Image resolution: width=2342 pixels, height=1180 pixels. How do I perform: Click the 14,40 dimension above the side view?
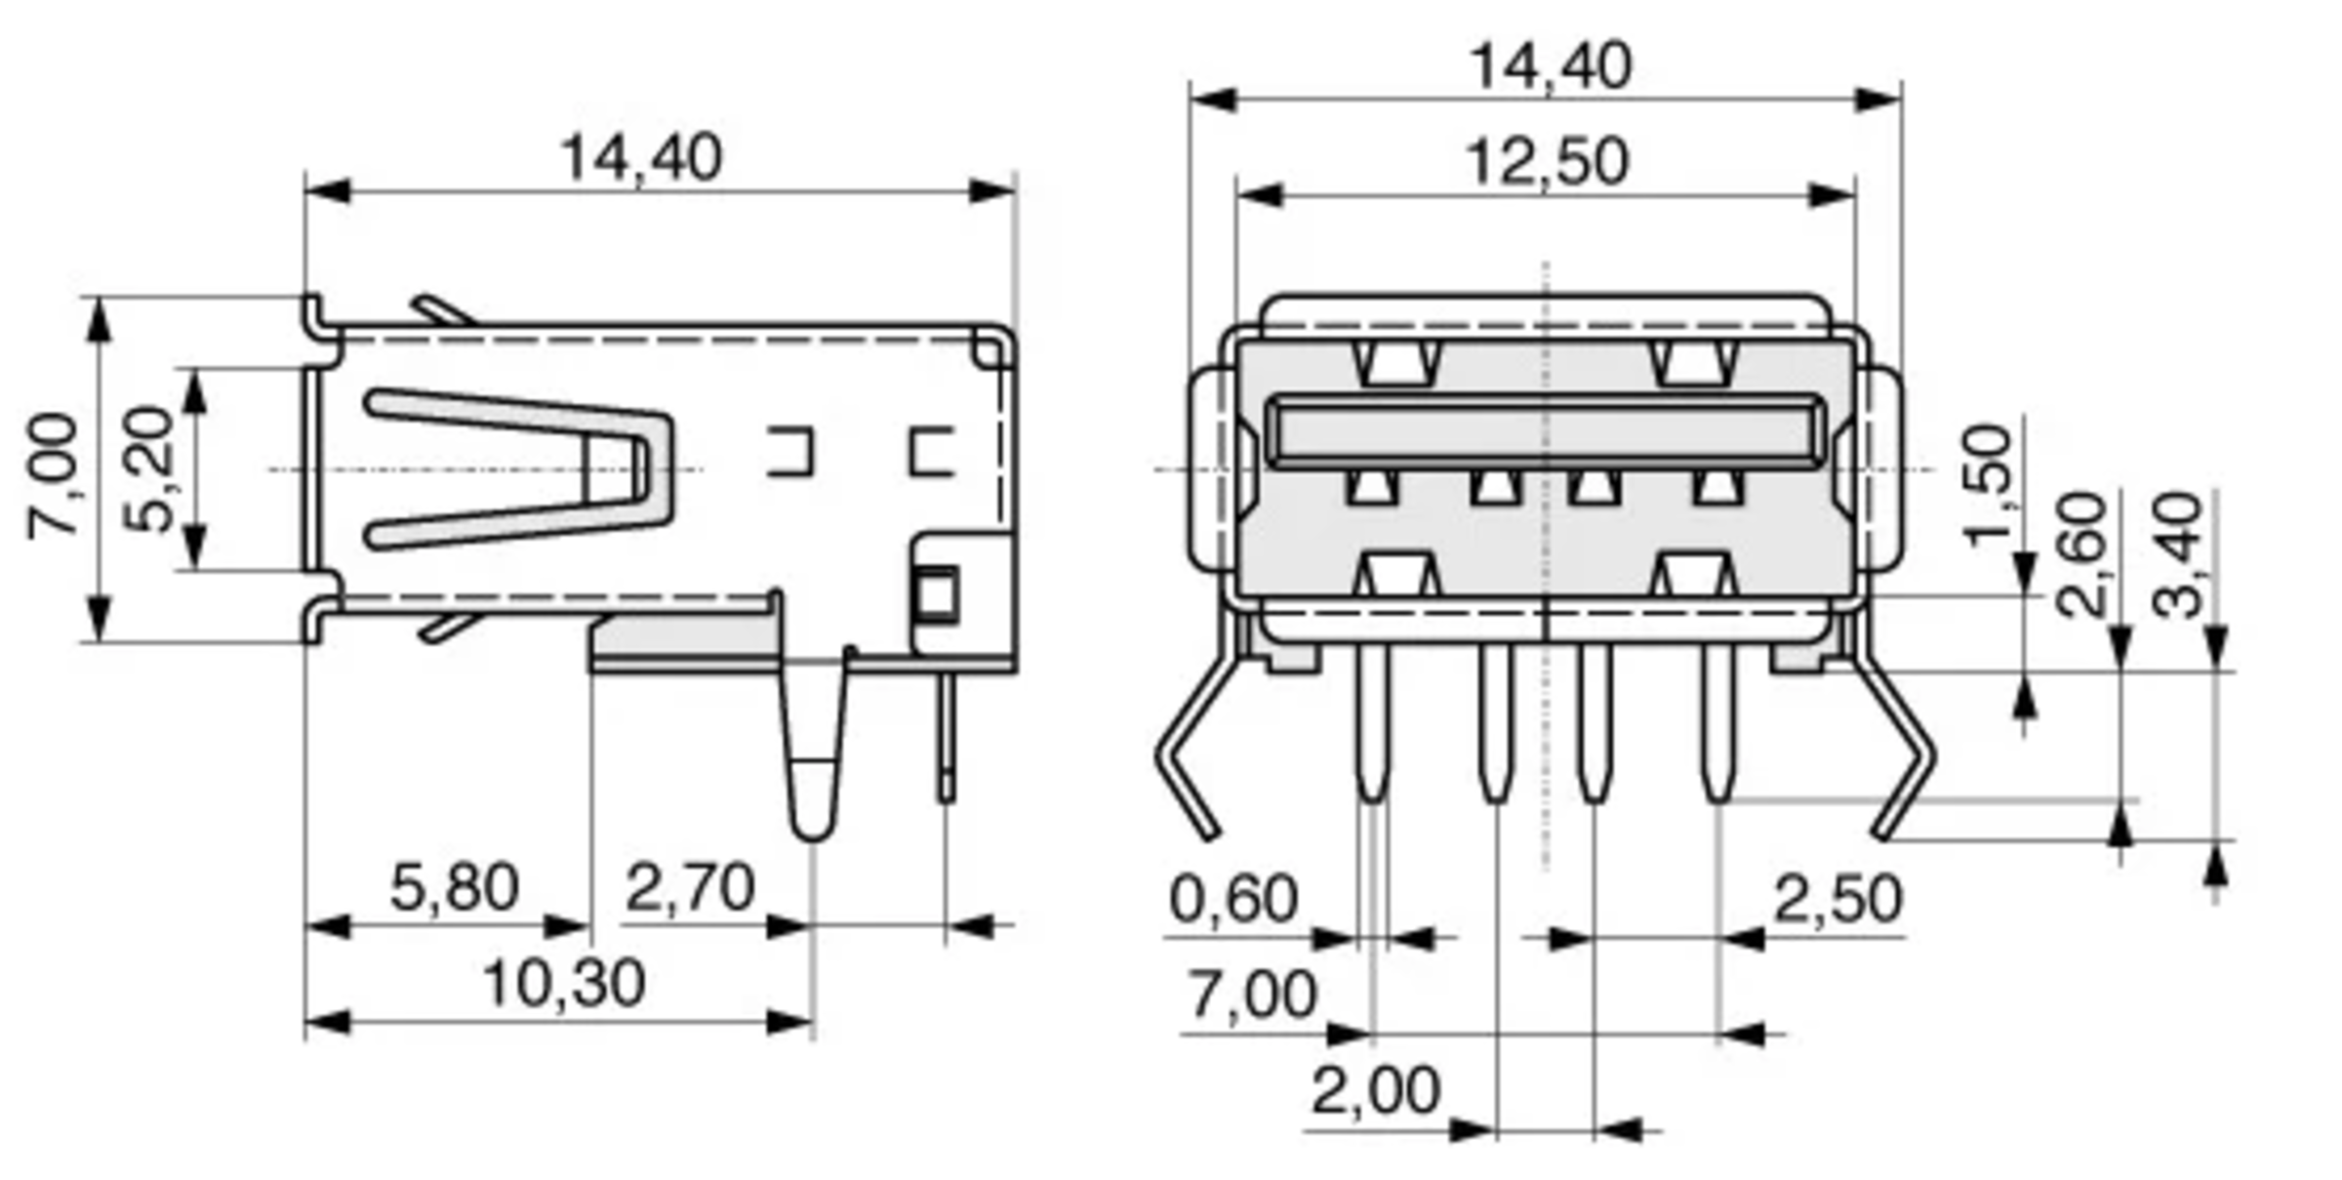click(x=641, y=157)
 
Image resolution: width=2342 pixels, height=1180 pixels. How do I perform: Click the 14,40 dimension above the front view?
click(x=1550, y=66)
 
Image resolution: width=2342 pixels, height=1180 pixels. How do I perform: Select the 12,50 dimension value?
click(x=1548, y=162)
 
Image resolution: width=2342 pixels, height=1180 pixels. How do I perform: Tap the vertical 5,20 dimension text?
click(x=148, y=469)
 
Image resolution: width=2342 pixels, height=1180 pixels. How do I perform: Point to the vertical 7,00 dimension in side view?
click(x=53, y=475)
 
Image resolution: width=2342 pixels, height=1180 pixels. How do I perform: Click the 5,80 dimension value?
click(x=454, y=887)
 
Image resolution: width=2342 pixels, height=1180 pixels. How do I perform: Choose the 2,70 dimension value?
click(x=690, y=887)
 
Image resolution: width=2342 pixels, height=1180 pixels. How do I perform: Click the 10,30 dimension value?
click(x=563, y=983)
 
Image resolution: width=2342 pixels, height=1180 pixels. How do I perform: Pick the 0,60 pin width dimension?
click(x=1233, y=898)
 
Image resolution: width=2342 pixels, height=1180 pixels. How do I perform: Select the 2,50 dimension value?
click(x=1837, y=899)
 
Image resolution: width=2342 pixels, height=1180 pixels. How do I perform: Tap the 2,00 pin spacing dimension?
click(x=1376, y=1090)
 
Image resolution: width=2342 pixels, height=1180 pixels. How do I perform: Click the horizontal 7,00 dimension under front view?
click(x=1253, y=995)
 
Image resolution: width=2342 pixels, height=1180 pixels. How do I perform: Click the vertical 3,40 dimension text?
click(x=2178, y=555)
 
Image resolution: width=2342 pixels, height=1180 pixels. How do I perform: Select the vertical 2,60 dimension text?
click(x=2083, y=555)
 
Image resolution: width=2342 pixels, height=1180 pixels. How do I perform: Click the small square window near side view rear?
click(x=936, y=594)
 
